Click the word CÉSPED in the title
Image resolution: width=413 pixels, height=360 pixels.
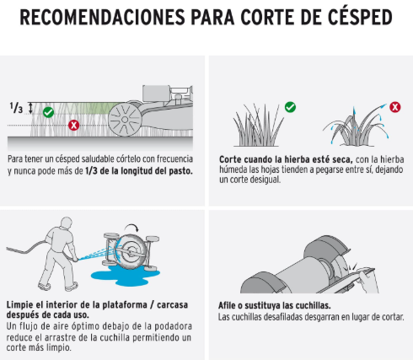coord(360,17)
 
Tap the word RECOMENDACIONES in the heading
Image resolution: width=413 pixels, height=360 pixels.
coord(102,18)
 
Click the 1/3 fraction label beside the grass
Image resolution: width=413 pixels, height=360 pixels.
coord(16,108)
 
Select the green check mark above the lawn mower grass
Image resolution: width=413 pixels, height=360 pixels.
coord(48,112)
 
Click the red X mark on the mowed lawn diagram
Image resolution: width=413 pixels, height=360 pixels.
coord(73,125)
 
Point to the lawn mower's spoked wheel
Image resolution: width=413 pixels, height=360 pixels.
coord(125,120)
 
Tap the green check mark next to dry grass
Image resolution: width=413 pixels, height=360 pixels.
coord(290,107)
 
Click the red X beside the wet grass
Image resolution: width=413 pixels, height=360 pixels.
coord(395,107)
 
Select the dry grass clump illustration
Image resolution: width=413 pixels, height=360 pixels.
coord(258,126)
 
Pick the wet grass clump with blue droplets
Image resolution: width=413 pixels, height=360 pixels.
coord(356,126)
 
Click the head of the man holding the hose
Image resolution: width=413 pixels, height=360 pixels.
coord(67,223)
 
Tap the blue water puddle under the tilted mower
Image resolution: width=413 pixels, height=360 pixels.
coord(125,275)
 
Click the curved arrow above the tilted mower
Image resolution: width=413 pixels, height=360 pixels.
coord(131,227)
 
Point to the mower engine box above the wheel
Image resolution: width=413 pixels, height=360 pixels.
coord(156,94)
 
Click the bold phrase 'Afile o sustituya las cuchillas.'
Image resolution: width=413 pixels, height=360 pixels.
coord(275,305)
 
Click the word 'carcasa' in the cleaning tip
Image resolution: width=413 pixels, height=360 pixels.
coord(172,305)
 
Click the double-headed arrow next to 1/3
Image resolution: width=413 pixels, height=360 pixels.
coord(30,108)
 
